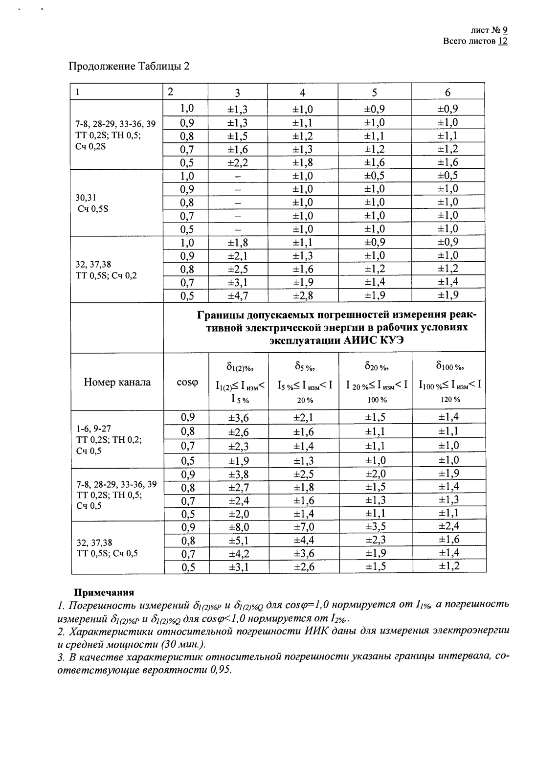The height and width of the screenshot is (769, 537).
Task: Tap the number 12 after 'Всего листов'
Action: click(x=502, y=41)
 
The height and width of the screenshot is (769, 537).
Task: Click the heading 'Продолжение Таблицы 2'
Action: click(x=128, y=66)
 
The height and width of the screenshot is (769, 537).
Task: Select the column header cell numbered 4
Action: click(x=302, y=92)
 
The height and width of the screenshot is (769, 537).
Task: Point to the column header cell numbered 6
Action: click(x=447, y=92)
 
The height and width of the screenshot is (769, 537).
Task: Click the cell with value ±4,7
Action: click(x=238, y=295)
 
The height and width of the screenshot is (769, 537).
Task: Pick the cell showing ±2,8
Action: click(x=303, y=295)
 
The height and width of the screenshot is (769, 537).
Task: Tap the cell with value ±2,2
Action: click(x=238, y=162)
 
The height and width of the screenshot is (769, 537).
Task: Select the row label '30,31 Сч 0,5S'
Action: click(x=92, y=203)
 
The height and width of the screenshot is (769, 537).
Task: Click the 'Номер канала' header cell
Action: click(x=117, y=382)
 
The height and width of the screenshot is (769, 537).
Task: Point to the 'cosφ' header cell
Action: click(x=186, y=382)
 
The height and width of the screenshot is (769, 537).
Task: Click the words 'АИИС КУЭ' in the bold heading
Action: click(x=373, y=340)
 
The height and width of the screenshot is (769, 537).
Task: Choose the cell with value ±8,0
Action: click(x=239, y=527)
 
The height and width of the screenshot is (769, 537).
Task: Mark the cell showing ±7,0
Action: click(x=303, y=527)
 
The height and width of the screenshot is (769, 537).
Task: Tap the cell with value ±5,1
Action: click(x=239, y=541)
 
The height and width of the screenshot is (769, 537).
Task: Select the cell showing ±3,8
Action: click(x=239, y=474)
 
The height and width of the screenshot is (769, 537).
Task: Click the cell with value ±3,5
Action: click(x=375, y=527)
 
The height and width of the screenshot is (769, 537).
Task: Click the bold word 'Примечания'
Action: click(x=104, y=592)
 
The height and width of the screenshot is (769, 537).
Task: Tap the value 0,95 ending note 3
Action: click(x=218, y=670)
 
